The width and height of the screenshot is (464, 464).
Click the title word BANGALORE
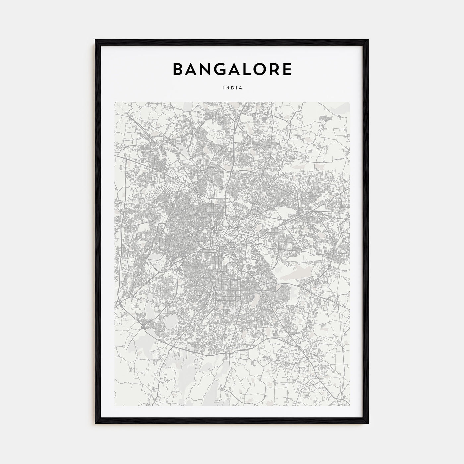pos(232,69)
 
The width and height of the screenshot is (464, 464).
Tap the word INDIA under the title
pos(232,88)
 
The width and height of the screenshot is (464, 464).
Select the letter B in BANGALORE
pos(178,69)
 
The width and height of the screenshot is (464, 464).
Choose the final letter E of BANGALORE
pos(287,69)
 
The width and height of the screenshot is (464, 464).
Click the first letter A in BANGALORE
pos(191,69)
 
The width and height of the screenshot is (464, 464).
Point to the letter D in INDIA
pos(232,88)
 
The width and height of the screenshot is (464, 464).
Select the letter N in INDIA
pos(228,88)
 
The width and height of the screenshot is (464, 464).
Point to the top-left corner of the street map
pos(115,102)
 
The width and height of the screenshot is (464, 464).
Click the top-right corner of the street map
pos(349,102)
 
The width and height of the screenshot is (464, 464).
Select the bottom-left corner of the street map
pos(115,405)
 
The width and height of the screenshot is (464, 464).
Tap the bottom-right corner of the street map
pos(349,405)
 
